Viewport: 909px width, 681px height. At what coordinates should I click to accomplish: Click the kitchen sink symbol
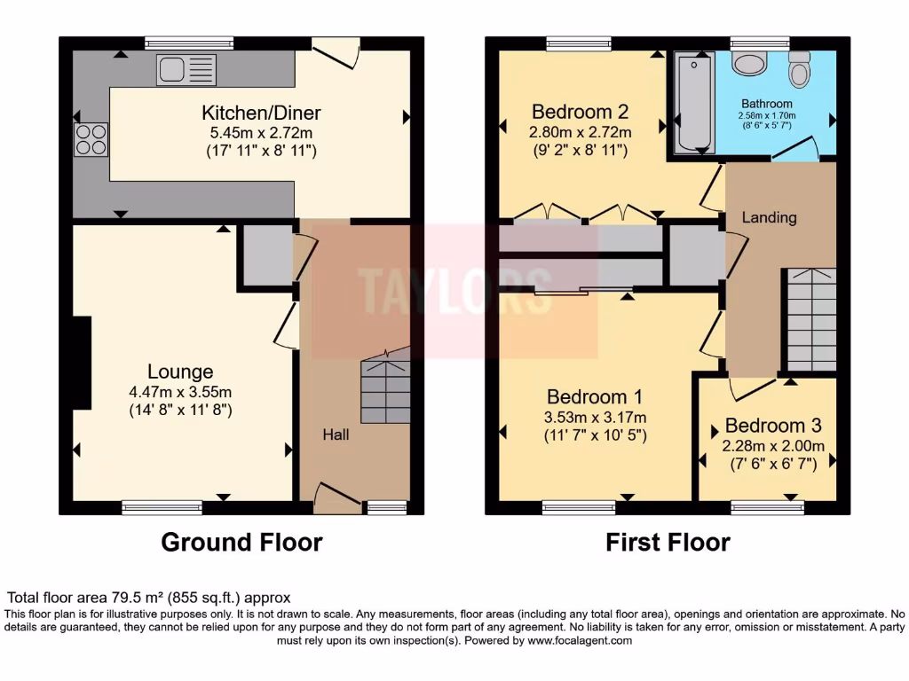pyautogui.click(x=179, y=69)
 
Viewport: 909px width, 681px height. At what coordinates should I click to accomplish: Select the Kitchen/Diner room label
pyautogui.click(x=261, y=113)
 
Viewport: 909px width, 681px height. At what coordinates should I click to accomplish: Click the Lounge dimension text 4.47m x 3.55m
pyautogui.click(x=181, y=391)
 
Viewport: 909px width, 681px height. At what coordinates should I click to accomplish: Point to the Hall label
pyautogui.click(x=336, y=434)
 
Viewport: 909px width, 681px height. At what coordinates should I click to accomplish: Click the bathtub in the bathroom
pyautogui.click(x=694, y=102)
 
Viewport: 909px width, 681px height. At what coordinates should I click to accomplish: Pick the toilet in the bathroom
pyautogui.click(x=800, y=67)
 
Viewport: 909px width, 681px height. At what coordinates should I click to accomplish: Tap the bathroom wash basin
pyautogui.click(x=752, y=63)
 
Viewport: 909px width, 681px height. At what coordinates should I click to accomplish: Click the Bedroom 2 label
pyautogui.click(x=581, y=112)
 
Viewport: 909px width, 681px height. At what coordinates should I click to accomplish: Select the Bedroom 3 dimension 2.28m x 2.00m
pyautogui.click(x=773, y=446)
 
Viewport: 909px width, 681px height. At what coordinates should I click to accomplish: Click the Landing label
pyautogui.click(x=769, y=217)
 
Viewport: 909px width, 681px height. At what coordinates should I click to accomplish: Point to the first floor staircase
pyautogui.click(x=810, y=319)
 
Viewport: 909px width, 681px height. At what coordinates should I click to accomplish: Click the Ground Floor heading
pyautogui.click(x=241, y=542)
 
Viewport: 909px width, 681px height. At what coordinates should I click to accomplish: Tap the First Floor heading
pyautogui.click(x=668, y=542)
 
